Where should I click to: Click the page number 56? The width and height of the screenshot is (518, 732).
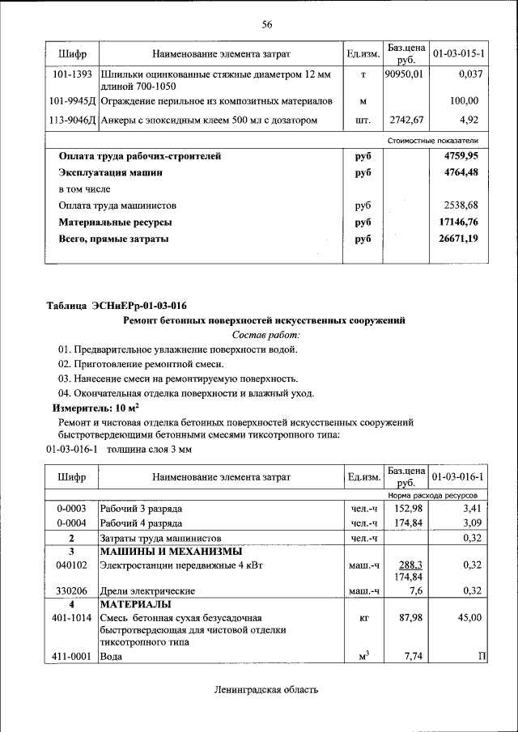(x=266, y=24)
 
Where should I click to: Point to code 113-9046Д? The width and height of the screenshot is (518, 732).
(x=73, y=121)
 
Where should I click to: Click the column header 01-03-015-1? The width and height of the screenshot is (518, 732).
(x=458, y=53)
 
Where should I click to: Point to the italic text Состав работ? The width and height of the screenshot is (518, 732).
(x=265, y=334)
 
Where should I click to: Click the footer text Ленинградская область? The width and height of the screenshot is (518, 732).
(x=266, y=690)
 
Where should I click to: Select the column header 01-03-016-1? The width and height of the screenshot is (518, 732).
(x=458, y=477)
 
